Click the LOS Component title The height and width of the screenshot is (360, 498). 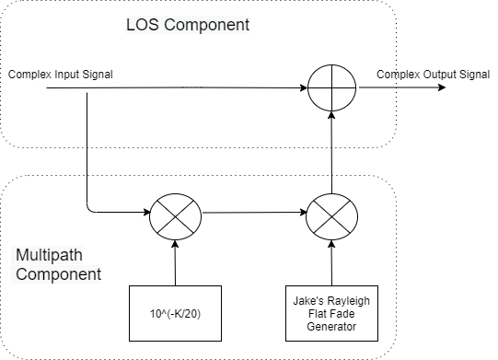pos(187,25)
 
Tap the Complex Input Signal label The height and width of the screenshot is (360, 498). pos(60,74)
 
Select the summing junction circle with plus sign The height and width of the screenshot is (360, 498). pos(330,89)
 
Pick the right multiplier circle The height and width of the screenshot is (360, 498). pos(330,213)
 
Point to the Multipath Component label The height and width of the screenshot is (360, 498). pos(58,264)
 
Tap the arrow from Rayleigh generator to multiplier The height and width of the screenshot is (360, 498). pos(330,261)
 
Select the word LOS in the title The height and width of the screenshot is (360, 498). pos(140,25)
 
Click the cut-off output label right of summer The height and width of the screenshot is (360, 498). pos(386,74)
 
